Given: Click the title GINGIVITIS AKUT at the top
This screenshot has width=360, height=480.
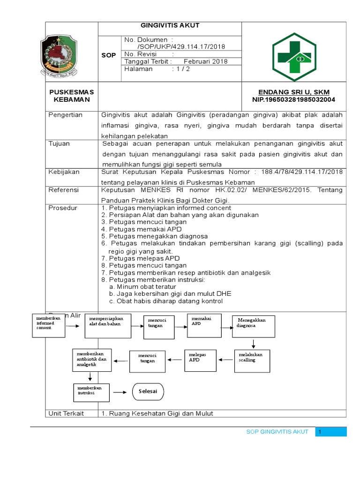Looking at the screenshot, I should (170, 26).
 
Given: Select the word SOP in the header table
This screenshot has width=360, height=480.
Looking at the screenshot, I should (109, 56).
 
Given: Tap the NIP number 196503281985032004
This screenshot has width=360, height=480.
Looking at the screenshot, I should (294, 100).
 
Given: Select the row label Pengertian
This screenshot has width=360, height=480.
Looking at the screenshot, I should (66, 115).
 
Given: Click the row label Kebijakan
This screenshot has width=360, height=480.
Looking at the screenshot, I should (64, 172).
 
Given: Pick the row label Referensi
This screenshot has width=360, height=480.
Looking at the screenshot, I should (64, 190).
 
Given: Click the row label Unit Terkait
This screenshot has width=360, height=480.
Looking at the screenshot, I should (66, 413).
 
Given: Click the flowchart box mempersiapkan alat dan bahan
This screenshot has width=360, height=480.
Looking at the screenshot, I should (107, 325).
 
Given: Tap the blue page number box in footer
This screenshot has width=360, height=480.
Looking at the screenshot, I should (331, 432).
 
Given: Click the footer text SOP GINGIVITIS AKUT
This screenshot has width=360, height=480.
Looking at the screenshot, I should (277, 432).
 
